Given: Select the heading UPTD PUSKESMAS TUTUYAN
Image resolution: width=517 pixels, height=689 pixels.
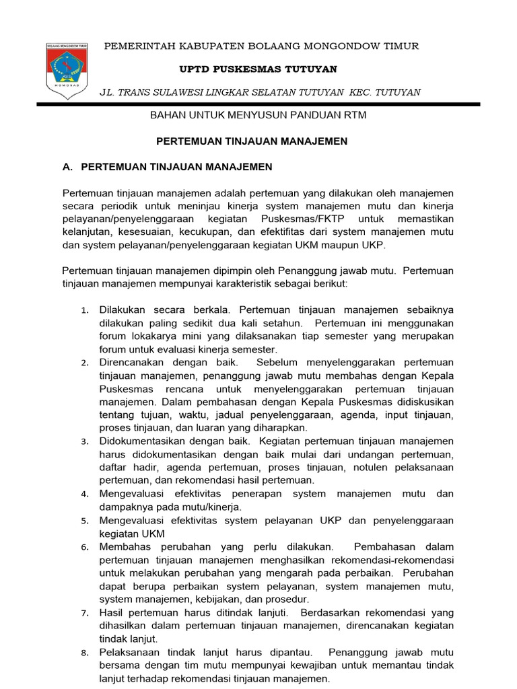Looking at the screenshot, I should (258, 69).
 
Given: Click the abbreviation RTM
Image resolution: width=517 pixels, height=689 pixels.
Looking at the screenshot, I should (354, 116).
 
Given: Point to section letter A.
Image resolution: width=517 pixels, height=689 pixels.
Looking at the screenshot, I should (66, 166).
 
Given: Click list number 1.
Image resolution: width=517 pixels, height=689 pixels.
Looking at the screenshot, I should (85, 311).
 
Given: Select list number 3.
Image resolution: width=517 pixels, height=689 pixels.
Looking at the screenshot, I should (85, 442).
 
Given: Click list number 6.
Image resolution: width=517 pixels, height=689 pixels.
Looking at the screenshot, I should (85, 547).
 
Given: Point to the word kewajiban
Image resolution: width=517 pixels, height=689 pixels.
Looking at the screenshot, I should (329, 665).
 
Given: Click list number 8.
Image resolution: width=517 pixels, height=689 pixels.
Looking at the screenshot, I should (85, 652).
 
